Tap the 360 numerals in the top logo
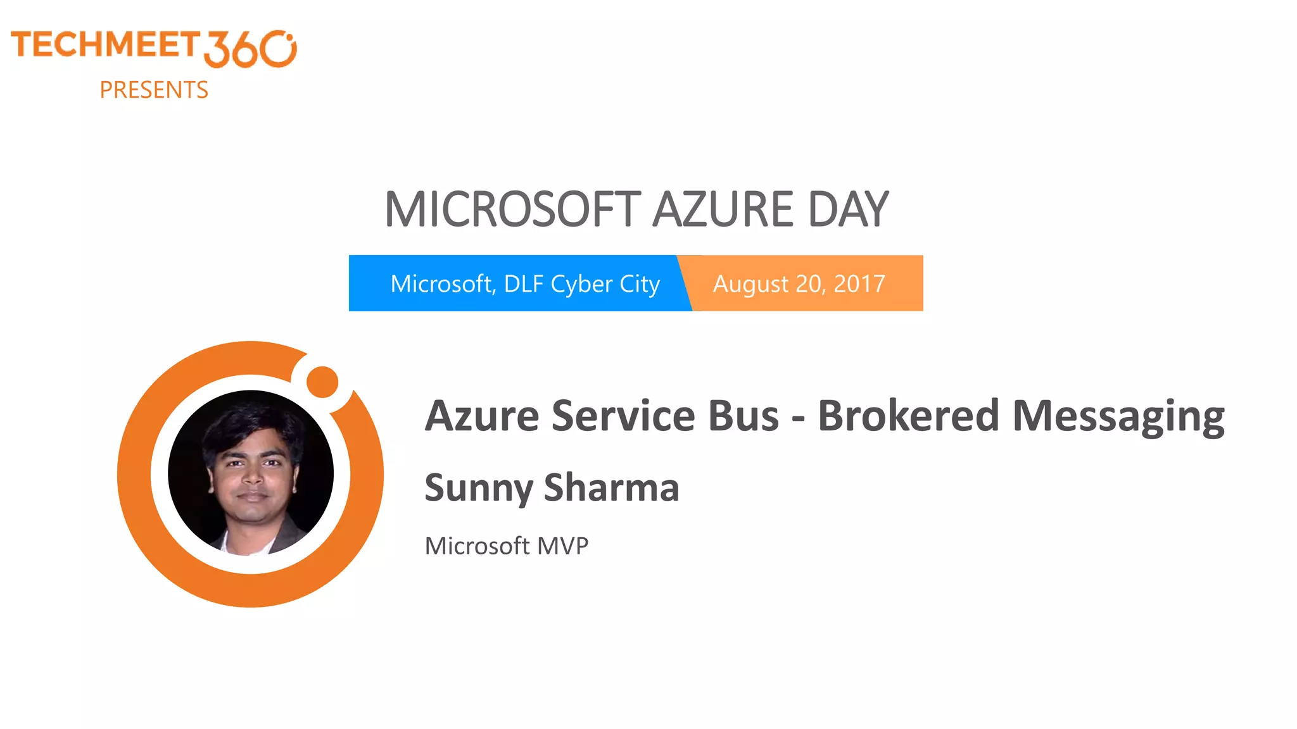(250, 49)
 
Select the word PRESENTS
(154, 90)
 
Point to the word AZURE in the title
(723, 209)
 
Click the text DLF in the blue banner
(524, 283)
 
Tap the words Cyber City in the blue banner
(605, 284)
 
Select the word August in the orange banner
(750, 284)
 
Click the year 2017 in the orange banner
(859, 283)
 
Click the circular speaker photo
(251, 473)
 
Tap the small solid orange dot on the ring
(322, 382)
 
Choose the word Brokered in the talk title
(908, 416)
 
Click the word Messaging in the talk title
(1118, 417)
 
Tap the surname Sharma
(611, 487)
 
